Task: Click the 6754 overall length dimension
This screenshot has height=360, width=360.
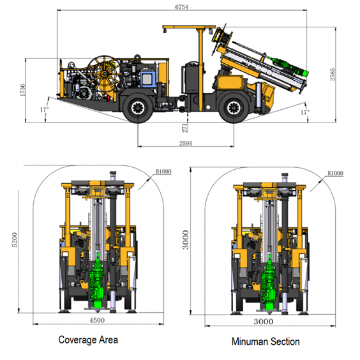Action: [181, 7]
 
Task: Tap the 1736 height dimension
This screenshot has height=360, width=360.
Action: [22, 90]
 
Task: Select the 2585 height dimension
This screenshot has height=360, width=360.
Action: [333, 75]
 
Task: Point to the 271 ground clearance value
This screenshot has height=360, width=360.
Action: [185, 128]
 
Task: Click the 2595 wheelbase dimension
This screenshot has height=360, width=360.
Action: [186, 143]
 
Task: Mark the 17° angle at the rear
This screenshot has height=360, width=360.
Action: [45, 110]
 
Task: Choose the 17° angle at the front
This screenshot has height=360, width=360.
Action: [305, 112]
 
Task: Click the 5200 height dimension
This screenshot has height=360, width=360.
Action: [15, 240]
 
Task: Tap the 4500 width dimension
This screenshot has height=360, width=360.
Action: [97, 320]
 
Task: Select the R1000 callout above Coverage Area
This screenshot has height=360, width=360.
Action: [163, 171]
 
